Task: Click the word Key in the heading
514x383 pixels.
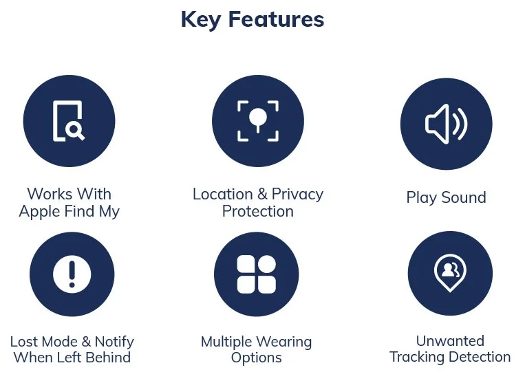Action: [201, 19]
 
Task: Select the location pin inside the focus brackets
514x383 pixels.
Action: [258, 118]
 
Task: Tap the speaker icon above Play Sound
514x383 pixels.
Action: [446, 124]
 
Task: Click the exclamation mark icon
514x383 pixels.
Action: [72, 274]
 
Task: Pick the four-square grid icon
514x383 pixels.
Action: [256, 274]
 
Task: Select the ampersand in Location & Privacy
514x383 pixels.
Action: [262, 194]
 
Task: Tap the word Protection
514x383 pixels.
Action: [258, 211]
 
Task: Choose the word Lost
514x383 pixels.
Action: [25, 341]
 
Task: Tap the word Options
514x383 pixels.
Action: [256, 358]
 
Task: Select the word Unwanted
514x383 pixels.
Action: [450, 340]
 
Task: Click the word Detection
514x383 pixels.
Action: [480, 357]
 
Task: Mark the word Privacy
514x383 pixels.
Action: [297, 194]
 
